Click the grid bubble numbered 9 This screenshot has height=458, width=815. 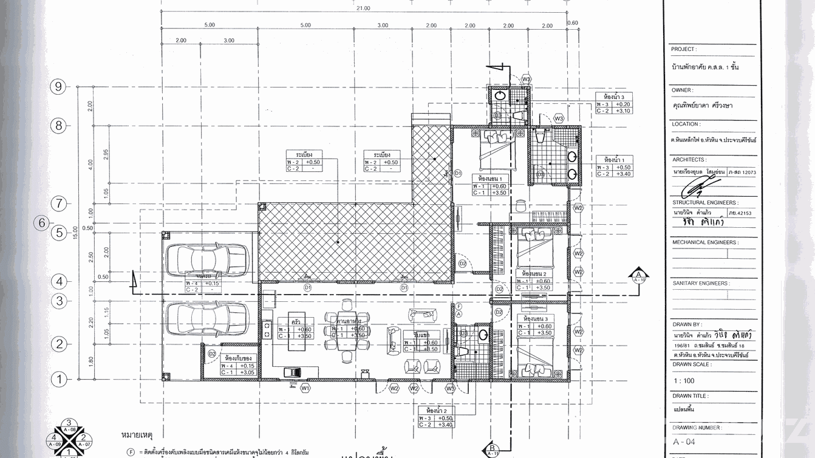(59, 87)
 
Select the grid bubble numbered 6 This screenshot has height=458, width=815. (42, 223)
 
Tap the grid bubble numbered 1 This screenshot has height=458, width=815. (59, 380)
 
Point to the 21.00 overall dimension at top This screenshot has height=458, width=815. (364, 9)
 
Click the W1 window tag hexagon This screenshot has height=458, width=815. (305, 388)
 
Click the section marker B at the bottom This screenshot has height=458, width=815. (490, 450)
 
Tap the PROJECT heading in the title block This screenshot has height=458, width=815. (684, 49)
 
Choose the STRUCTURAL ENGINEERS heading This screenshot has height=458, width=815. (704, 202)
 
